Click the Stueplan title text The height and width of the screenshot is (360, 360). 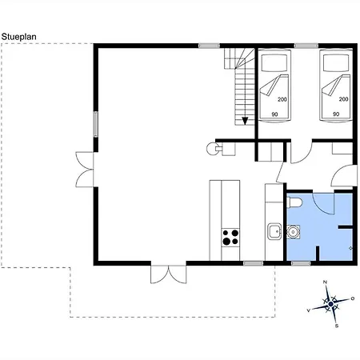[x=18, y=37]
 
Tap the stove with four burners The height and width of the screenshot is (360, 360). [x=230, y=238]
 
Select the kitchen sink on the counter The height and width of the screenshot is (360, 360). [x=274, y=231]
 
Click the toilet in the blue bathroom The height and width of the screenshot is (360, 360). [x=294, y=202]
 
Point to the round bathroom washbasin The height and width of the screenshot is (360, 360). [x=294, y=232]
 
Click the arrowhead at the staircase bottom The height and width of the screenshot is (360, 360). [x=245, y=121]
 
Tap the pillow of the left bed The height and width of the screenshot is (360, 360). [x=274, y=63]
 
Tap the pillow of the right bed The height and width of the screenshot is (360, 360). [x=336, y=63]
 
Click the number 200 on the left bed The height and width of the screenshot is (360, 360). [x=282, y=99]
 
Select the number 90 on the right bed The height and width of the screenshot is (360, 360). [x=336, y=114]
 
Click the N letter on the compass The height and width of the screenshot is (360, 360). [x=325, y=282]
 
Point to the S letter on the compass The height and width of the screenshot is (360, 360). [x=337, y=326]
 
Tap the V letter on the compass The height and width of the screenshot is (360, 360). [x=309, y=310]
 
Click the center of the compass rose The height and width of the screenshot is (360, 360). [x=331, y=304]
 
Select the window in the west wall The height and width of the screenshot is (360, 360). [x=96, y=124]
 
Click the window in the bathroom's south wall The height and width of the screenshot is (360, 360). [x=301, y=263]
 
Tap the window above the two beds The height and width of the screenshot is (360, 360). [x=306, y=46]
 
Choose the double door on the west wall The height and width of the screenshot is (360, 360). [x=85, y=170]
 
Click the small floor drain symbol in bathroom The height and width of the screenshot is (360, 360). [x=350, y=248]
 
